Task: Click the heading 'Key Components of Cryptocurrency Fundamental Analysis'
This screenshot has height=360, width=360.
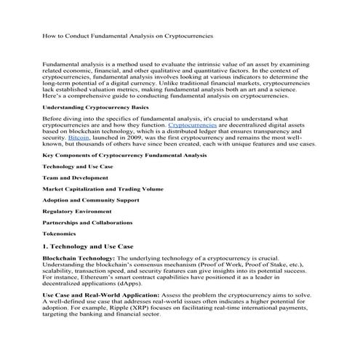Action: pos(124,155)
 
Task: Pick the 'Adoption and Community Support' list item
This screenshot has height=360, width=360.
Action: pos(90,199)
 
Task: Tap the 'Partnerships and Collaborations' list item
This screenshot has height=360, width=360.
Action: pos(88,222)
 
